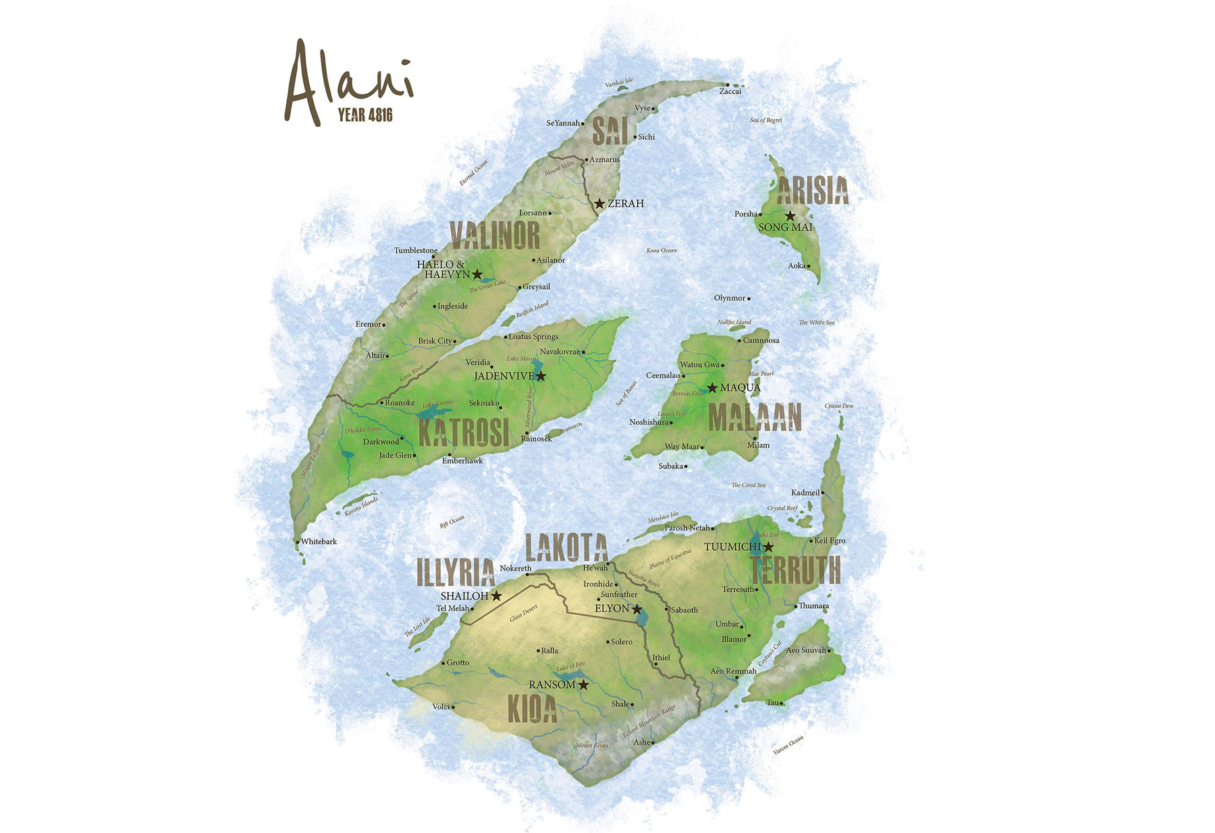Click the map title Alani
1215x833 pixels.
[348, 81]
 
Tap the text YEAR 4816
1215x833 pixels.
[365, 115]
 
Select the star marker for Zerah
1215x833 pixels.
[599, 203]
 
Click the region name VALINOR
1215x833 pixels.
[495, 236]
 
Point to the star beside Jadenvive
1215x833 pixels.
[541, 376]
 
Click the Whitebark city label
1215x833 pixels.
[319, 541]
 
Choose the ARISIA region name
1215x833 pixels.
[812, 191]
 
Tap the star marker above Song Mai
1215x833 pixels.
[790, 216]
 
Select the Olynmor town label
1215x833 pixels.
[730, 298]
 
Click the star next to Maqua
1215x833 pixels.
[711, 387]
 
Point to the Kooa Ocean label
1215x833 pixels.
[661, 250]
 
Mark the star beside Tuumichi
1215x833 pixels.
[768, 547]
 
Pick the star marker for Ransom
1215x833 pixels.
[583, 684]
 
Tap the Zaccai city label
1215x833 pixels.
[730, 91]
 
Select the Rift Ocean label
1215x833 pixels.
[452, 522]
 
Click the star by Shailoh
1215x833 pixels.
[496, 596]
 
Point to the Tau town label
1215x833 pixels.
[773, 703]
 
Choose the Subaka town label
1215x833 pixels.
[671, 466]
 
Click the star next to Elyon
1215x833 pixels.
[637, 609]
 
